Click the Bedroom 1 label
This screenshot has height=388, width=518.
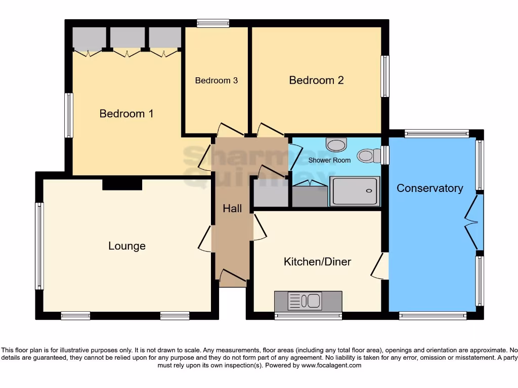tap(126, 114)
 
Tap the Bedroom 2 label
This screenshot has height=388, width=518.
tap(316, 80)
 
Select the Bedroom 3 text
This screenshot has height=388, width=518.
tap(216, 80)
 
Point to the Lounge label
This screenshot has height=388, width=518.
tap(127, 246)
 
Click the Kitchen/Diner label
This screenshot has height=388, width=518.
tap(317, 262)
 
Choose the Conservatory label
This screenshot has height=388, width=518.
tap(429, 188)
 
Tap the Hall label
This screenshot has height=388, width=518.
tap(232, 208)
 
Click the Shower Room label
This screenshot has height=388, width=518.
tap(329, 160)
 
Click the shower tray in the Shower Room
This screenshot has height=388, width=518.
tap(355, 191)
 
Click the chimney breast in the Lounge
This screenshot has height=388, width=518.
tap(122, 184)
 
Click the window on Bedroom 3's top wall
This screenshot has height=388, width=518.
tap(213, 23)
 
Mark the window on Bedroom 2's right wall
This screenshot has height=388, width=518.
tap(385, 76)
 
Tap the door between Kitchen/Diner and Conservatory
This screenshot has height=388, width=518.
tap(379, 266)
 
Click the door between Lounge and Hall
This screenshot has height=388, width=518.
tap(206, 238)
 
